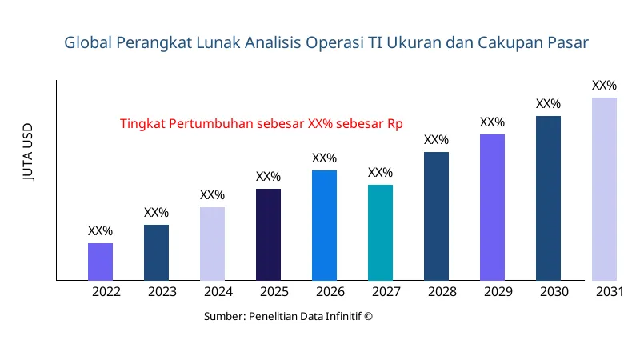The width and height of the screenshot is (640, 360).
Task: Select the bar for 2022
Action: tap(100, 262)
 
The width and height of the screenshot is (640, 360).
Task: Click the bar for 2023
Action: tap(156, 253)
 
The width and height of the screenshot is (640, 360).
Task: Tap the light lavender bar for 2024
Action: tap(212, 244)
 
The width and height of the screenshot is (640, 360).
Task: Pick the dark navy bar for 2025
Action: tap(268, 234)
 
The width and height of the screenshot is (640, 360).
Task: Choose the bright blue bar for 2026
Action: tap(324, 226)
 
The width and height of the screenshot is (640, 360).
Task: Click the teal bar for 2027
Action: tap(380, 233)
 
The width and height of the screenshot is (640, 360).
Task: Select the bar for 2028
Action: tap(436, 216)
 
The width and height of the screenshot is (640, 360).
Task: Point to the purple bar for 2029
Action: tap(492, 207)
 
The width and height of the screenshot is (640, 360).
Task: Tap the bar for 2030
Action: tap(548, 198)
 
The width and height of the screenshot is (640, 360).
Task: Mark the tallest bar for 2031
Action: tap(604, 189)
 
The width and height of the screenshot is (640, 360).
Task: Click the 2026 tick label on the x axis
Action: tap(330, 292)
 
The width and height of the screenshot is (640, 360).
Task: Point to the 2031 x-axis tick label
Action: tap(610, 292)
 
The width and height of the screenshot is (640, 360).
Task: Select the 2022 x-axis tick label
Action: tap(106, 292)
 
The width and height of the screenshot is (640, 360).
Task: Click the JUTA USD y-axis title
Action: tap(29, 153)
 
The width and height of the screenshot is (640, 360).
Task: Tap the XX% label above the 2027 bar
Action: tap(380, 173)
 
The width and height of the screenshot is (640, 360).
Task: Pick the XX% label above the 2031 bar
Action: tap(604, 86)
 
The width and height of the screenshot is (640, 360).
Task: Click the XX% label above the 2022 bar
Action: tap(100, 231)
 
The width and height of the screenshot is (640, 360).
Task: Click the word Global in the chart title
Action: tap(88, 42)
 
